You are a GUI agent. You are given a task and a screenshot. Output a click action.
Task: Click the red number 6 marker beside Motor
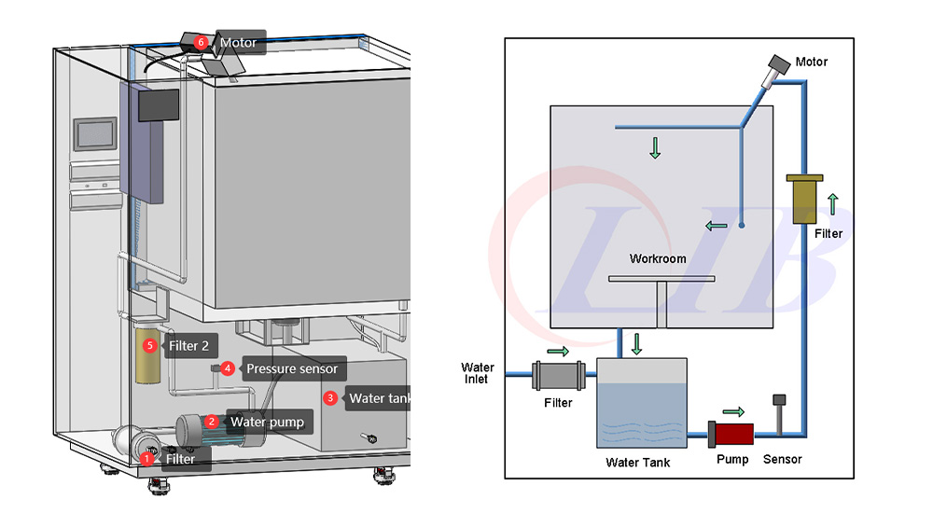point(202,43)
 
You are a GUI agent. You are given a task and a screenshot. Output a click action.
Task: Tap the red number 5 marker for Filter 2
point(150,346)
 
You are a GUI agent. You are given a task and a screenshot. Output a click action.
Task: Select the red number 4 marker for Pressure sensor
point(228,368)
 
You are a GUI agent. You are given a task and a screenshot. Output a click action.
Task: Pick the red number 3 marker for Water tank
point(330,398)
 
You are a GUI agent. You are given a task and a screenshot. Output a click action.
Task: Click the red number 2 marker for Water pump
point(212,422)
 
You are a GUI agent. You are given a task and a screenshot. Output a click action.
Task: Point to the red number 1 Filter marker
point(146,458)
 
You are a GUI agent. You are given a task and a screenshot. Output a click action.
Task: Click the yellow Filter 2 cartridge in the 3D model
point(148,359)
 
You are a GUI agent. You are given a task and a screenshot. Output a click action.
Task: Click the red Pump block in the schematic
point(732,434)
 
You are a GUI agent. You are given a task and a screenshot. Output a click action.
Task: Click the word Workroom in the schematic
point(658,258)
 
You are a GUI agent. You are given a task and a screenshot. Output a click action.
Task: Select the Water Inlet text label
point(478,373)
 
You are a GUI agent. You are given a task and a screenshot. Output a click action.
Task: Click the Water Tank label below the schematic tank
point(638,462)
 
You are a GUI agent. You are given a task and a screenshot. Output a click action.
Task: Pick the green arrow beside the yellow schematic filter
point(833,202)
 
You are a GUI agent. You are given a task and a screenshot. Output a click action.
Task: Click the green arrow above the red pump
point(734,411)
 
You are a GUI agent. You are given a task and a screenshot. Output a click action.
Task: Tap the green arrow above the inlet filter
point(557,351)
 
